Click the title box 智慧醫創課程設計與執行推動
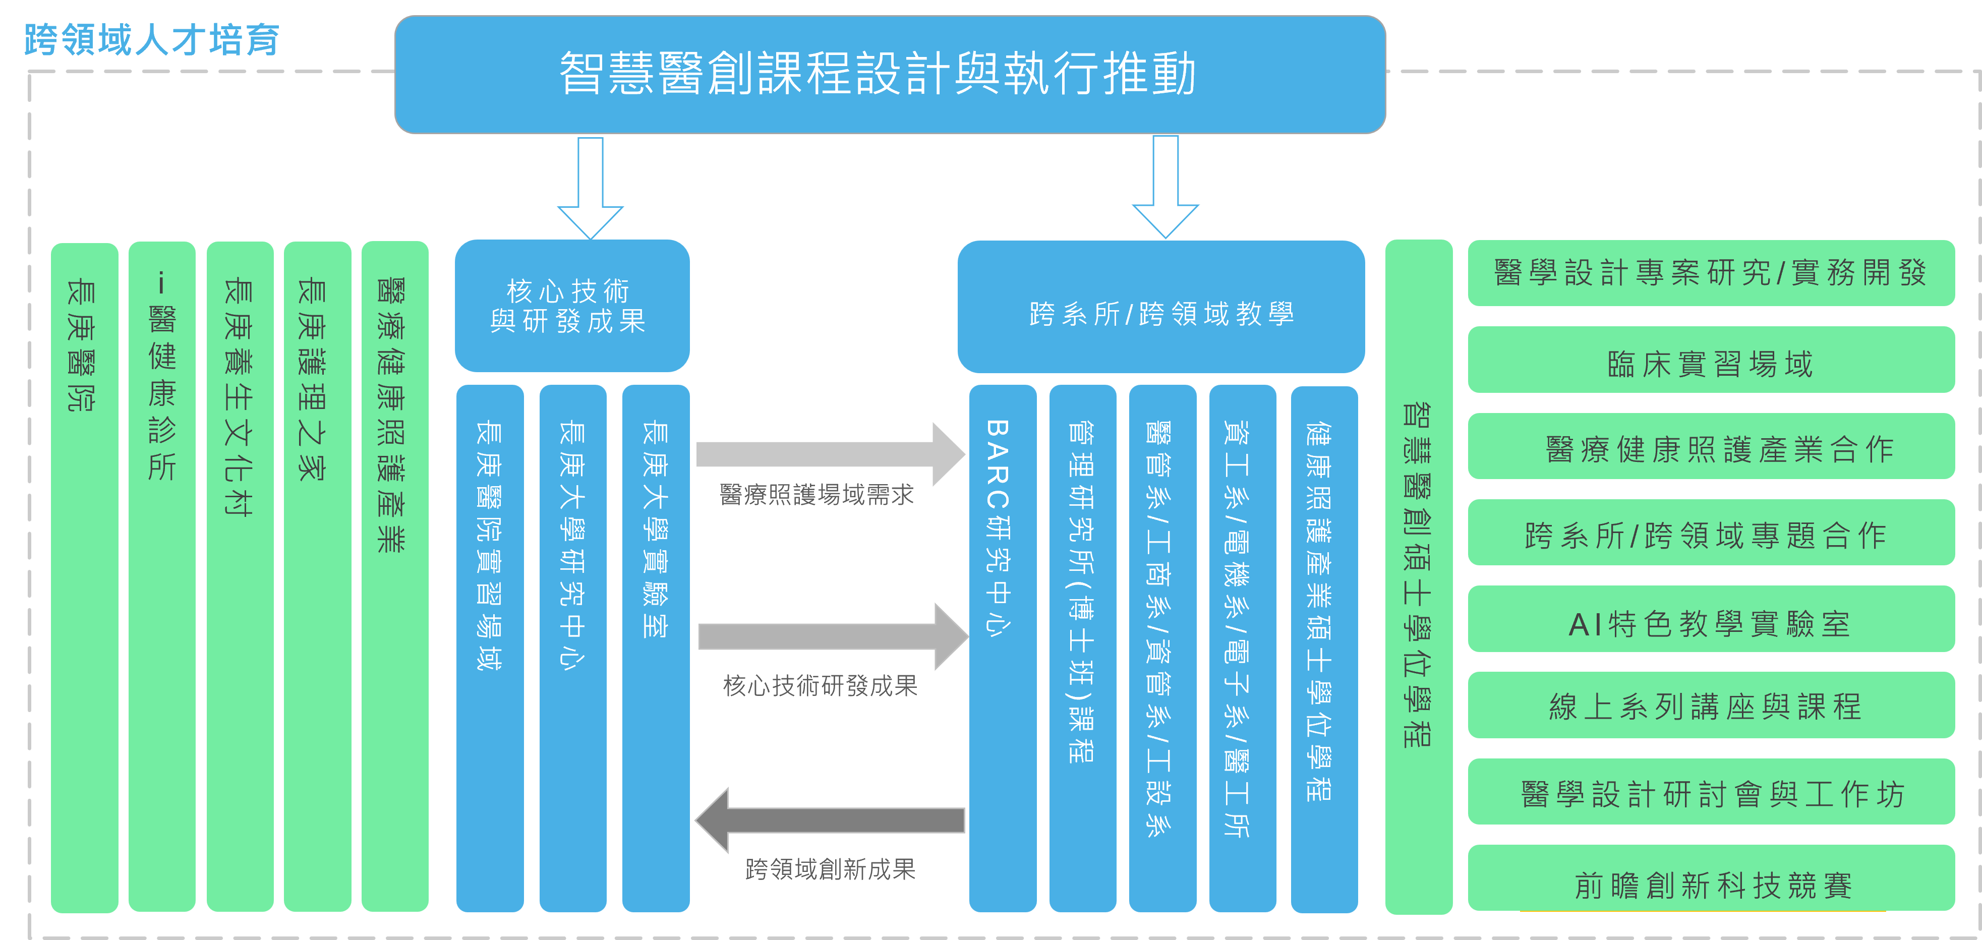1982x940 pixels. (x=890, y=75)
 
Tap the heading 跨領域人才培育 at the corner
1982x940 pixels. (x=152, y=40)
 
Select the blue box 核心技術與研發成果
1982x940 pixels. (x=572, y=306)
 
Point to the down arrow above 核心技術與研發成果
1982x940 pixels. (x=590, y=189)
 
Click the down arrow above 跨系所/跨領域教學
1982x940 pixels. (x=1165, y=187)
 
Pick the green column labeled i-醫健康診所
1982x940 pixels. (x=161, y=577)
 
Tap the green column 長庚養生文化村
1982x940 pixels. (x=239, y=577)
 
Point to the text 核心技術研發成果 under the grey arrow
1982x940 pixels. (x=820, y=685)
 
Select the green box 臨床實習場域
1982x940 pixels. (x=1710, y=360)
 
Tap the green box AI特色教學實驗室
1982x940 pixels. (x=1710, y=620)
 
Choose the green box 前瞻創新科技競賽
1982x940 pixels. (x=1710, y=878)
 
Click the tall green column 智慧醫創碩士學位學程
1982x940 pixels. (x=1418, y=577)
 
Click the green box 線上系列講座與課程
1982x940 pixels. (x=1710, y=706)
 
